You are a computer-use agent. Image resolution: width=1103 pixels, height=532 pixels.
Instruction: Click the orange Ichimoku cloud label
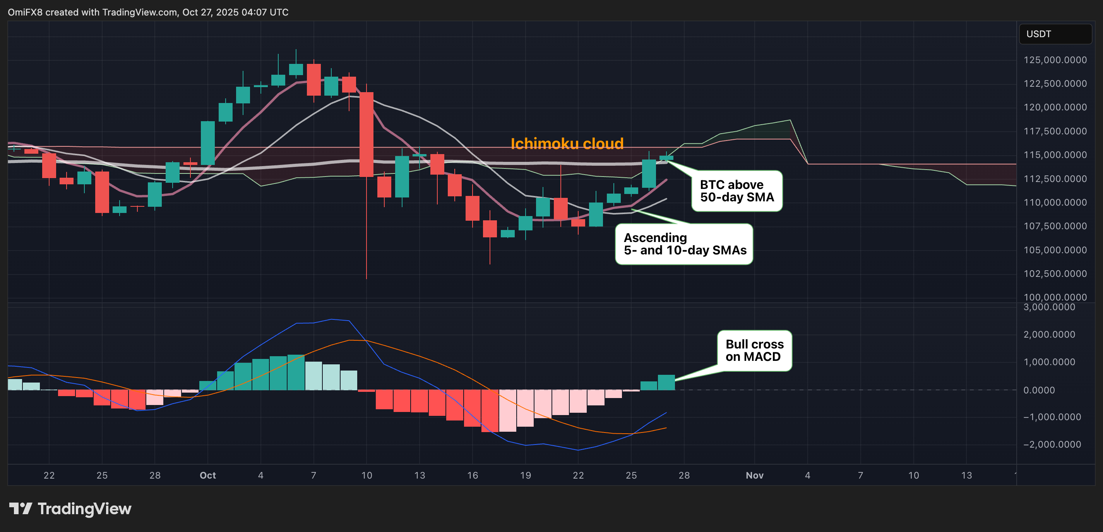tap(567, 144)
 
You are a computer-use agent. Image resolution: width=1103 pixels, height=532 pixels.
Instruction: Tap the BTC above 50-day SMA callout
tap(736, 191)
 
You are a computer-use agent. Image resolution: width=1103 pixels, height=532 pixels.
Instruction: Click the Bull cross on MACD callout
tap(754, 350)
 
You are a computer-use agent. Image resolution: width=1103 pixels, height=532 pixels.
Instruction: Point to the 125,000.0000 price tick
tap(1055, 60)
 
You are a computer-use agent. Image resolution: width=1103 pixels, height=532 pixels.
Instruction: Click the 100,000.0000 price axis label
tap(1055, 297)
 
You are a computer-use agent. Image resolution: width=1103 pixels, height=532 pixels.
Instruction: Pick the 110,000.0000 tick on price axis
tap(1055, 202)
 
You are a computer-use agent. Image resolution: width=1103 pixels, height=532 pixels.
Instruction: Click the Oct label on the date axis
tap(208, 475)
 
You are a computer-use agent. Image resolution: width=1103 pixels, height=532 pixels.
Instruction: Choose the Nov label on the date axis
tap(754, 475)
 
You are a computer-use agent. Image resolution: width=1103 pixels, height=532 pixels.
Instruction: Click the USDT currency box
tap(1055, 34)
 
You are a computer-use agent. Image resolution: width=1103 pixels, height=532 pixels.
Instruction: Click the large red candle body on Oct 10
tap(367, 134)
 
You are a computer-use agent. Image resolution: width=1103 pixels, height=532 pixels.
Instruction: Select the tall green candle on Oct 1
tap(208, 143)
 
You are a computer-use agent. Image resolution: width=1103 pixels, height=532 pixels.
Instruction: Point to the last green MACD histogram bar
tap(666, 383)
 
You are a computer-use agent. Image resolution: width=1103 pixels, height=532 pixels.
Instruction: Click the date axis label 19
tap(526, 475)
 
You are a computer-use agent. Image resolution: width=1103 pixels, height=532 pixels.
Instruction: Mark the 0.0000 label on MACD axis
tap(1039, 390)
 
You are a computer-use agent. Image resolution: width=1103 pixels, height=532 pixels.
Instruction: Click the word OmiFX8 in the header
tap(25, 12)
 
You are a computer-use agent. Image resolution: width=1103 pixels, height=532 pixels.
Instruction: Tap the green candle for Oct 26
tap(649, 173)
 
